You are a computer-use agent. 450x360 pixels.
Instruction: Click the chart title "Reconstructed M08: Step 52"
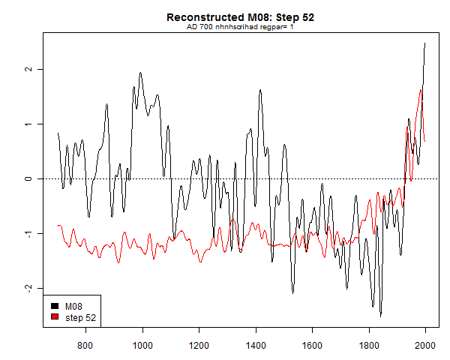coord(240,17)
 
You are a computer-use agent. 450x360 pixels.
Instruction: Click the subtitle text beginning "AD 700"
coord(240,27)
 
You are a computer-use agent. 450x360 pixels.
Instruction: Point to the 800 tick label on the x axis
coord(85,345)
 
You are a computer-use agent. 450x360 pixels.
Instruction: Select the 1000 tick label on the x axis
coord(142,345)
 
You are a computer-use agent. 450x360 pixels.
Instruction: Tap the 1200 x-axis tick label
coord(199,345)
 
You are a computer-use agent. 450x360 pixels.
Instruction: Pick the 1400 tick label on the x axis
coord(256,345)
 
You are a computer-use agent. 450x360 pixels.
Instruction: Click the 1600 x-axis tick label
coord(312,345)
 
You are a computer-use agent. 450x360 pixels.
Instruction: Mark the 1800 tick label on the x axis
coord(369,345)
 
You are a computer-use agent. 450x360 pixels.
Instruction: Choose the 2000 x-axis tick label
coord(425,345)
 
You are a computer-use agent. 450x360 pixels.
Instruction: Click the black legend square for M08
coord(55,307)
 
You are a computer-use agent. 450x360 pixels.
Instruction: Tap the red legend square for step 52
coord(55,317)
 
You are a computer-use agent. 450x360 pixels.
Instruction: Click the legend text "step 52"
coord(80,317)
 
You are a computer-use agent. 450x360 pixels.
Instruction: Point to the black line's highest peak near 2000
coord(425,43)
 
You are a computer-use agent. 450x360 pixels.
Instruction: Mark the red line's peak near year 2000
coord(421,90)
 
